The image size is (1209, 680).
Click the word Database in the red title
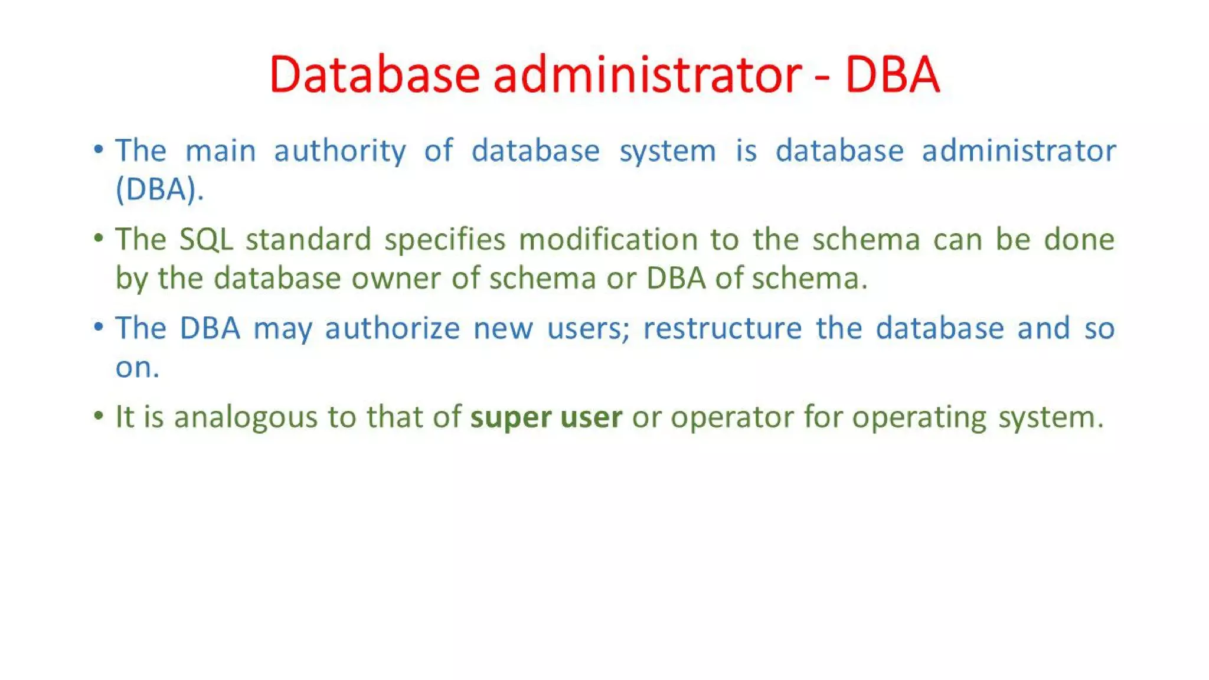(374, 75)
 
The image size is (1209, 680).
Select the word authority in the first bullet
(340, 151)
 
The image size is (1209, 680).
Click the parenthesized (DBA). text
(159, 190)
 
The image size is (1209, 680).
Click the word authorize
(392, 329)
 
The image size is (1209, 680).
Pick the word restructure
(722, 329)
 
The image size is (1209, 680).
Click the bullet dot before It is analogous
(99, 416)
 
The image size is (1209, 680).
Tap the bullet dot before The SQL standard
(99, 238)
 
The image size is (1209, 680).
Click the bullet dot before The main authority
(99, 149)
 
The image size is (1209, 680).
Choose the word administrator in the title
(648, 75)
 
